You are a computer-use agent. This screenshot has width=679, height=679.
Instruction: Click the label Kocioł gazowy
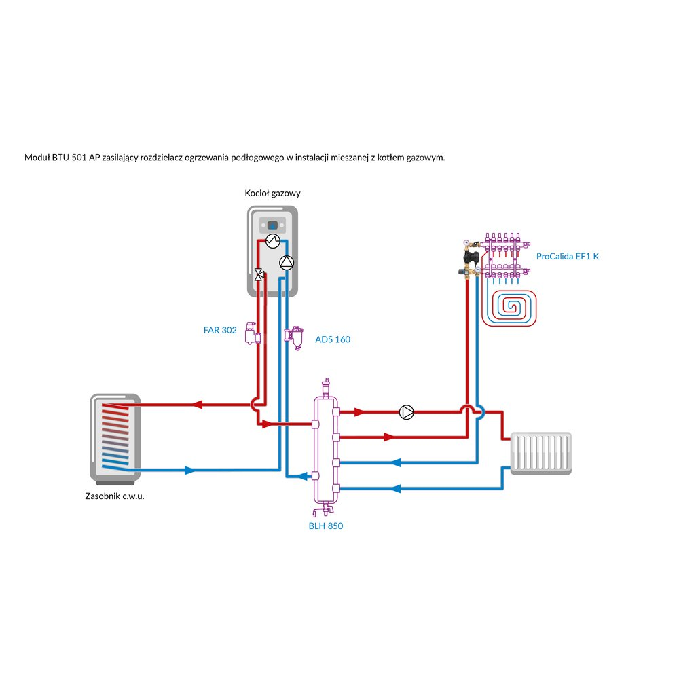point(272,194)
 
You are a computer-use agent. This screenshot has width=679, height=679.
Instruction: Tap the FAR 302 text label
point(220,331)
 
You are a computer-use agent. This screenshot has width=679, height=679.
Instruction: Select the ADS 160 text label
point(333,339)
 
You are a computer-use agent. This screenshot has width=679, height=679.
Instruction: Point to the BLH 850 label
point(326,526)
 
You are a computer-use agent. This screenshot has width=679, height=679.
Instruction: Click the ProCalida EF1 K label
point(568,257)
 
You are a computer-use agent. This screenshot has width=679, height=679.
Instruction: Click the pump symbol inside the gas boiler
point(287,263)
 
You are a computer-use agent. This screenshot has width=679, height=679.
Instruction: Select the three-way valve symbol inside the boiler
point(259,275)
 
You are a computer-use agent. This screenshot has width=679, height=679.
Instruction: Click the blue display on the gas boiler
point(272,224)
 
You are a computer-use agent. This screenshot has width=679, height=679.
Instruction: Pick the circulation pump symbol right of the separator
point(406,412)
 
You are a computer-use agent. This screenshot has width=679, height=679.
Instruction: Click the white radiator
point(540,452)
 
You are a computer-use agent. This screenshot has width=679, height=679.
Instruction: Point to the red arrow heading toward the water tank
point(198,405)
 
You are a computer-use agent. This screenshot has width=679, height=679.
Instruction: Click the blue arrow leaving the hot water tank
point(189,470)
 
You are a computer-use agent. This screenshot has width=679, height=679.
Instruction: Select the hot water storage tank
point(115,438)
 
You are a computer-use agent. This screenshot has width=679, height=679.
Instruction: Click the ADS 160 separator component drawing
point(295,337)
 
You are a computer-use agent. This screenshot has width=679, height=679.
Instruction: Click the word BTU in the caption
point(61,158)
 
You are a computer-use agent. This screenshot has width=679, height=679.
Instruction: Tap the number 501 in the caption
point(79,158)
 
